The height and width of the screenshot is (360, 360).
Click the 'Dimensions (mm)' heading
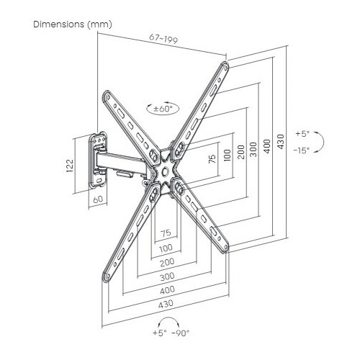73,24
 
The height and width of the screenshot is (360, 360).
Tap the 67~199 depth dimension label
163,39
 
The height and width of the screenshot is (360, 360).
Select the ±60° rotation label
163,109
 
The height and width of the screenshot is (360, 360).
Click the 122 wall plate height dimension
69,165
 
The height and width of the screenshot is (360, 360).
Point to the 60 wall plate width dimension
98,199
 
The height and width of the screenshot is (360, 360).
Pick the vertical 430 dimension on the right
280,141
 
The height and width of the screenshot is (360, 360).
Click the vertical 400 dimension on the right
267,146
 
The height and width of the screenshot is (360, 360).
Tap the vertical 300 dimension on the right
253,149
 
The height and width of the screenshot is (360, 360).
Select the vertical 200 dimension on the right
240,152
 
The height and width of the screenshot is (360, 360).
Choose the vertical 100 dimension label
227,155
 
